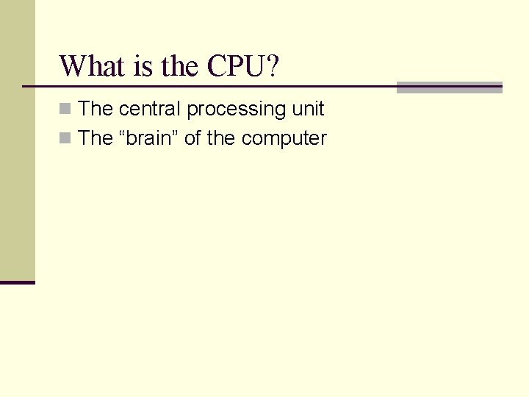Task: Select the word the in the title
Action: pos(179,65)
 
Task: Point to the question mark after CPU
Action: pos(272,65)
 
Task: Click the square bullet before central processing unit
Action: pos(65,110)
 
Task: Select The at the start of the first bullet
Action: pos(95,109)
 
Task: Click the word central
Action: pos(150,109)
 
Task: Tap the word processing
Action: pos(237,110)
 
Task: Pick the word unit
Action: pos(308,109)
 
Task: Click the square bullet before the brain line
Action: pos(65,138)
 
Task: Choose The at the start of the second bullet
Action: pos(95,137)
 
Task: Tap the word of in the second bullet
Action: pos(192,137)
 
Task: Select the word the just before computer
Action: pos(220,137)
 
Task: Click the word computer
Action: pos(284,138)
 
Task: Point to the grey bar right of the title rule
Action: pos(450,87)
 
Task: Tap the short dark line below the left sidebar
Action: pos(18,282)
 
